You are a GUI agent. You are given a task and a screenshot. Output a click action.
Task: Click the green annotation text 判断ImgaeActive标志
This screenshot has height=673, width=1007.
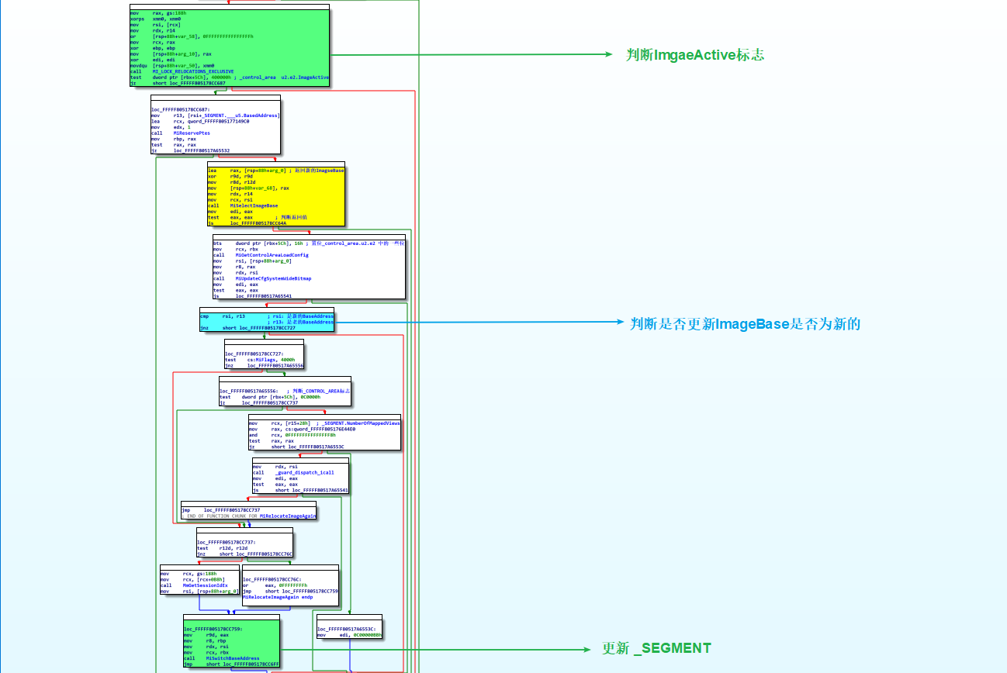point(695,55)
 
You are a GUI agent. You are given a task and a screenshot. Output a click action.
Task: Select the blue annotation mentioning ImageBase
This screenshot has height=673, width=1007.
point(745,324)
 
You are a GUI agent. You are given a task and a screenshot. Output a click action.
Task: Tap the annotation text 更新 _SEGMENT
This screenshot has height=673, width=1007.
point(656,648)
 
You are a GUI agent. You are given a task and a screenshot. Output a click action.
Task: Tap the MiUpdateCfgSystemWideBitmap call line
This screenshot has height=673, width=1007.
point(268,278)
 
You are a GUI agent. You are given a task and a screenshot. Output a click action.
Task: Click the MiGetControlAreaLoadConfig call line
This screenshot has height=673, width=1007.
point(261,255)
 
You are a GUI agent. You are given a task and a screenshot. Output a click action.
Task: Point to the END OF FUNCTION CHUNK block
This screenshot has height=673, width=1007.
point(248,512)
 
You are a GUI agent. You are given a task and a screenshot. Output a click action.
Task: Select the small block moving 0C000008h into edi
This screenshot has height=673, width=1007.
point(349,632)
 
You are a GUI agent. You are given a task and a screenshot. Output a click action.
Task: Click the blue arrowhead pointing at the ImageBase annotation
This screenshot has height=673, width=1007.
point(619,322)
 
